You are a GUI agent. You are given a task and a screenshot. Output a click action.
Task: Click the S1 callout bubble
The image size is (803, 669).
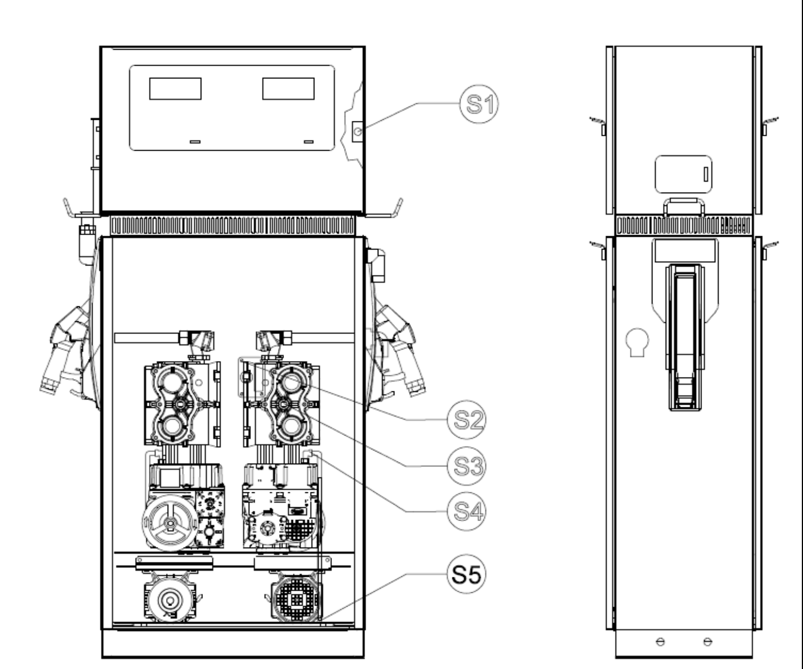click(479, 104)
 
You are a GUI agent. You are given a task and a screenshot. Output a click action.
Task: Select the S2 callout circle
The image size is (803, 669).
click(467, 420)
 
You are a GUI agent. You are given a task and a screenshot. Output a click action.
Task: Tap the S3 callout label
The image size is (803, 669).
click(467, 466)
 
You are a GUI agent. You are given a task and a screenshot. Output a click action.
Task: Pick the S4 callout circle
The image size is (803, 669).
click(467, 511)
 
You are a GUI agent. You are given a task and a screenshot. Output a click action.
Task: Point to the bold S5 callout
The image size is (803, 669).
click(467, 574)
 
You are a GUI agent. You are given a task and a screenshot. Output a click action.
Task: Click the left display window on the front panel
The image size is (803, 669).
click(175, 88)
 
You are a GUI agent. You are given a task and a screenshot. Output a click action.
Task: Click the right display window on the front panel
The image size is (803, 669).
click(288, 88)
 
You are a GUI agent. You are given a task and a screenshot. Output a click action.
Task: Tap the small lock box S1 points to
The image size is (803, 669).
click(357, 131)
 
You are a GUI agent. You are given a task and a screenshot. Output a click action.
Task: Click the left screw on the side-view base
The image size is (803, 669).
click(660, 641)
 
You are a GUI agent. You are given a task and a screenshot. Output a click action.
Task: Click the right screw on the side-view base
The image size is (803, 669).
click(708, 641)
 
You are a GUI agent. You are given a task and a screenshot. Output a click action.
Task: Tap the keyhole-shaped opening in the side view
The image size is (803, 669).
click(637, 342)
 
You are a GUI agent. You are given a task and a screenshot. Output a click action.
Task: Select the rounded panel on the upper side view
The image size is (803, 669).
click(683, 174)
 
